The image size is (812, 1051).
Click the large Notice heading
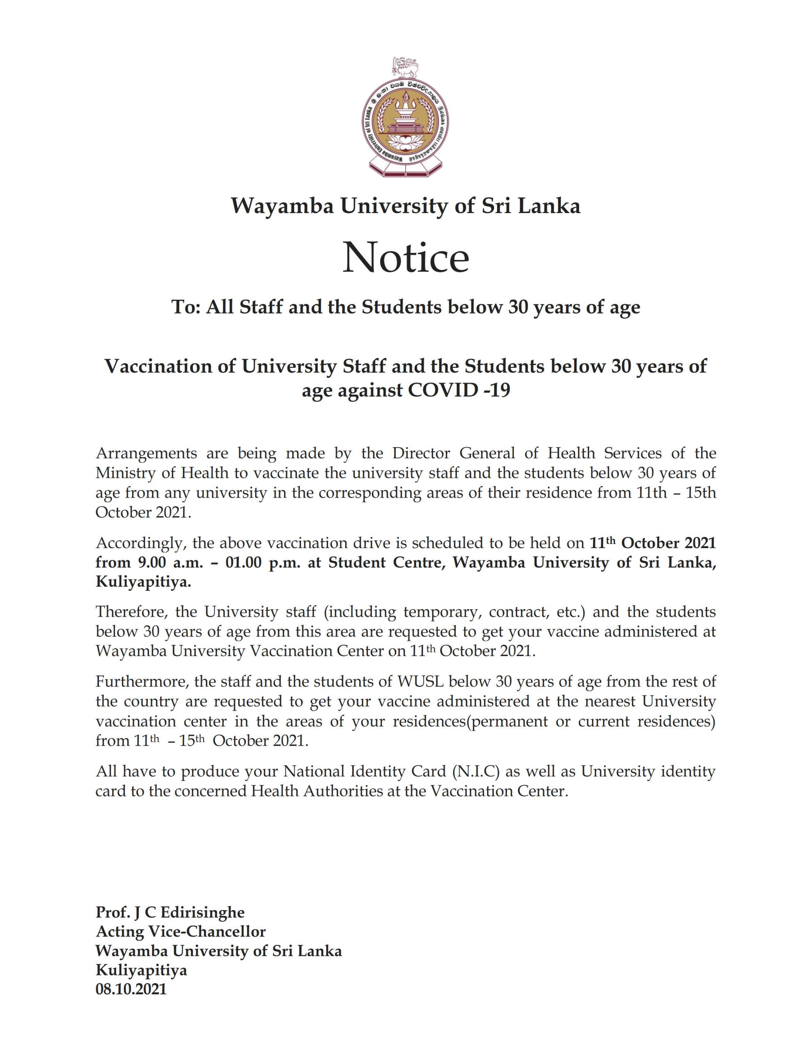405,258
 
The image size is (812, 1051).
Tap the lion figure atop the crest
406,67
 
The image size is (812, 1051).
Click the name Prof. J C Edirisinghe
170,912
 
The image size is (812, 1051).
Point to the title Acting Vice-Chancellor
181,931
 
